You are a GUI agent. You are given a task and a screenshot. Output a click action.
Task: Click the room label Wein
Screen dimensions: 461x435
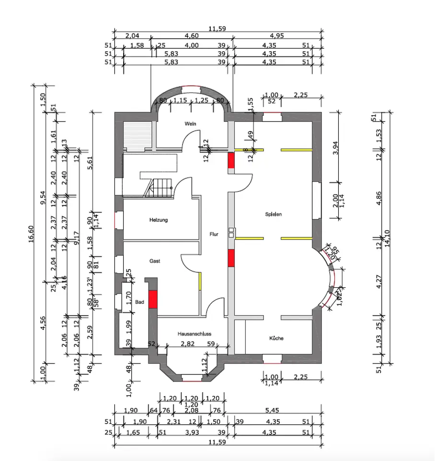191,124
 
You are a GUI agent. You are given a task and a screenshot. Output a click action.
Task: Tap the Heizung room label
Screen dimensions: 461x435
158,220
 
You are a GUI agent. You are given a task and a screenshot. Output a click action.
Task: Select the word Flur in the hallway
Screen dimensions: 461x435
214,234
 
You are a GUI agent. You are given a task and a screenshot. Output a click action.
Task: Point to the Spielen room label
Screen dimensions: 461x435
274,214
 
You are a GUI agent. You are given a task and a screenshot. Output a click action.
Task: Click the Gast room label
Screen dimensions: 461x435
155,261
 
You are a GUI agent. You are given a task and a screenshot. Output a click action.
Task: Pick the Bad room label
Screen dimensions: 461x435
139,302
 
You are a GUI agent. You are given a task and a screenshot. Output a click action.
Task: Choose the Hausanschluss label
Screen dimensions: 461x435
194,334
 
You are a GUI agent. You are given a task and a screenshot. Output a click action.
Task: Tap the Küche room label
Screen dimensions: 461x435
276,338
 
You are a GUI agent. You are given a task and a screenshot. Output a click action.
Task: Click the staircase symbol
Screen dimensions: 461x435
158,187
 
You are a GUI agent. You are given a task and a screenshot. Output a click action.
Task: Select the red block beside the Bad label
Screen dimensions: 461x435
153,299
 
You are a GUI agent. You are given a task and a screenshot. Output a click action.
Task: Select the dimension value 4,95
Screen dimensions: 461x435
277,36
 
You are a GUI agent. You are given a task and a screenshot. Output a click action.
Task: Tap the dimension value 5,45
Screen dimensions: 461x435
276,410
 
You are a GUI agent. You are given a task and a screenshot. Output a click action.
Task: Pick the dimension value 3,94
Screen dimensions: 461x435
336,149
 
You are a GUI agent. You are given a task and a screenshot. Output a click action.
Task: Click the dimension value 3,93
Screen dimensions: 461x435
192,433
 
